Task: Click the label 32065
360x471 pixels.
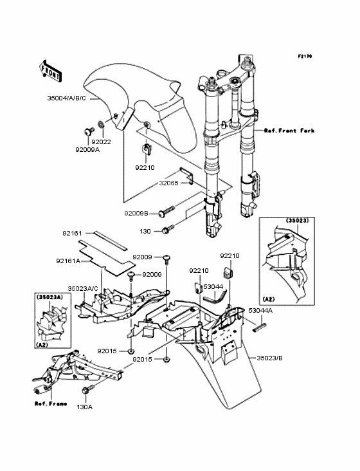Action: [170, 183]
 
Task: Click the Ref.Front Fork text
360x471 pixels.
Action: [289, 131]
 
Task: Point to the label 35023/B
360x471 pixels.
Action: [270, 358]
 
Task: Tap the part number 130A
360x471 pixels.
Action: [85, 407]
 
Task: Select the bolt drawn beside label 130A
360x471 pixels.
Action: [84, 391]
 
